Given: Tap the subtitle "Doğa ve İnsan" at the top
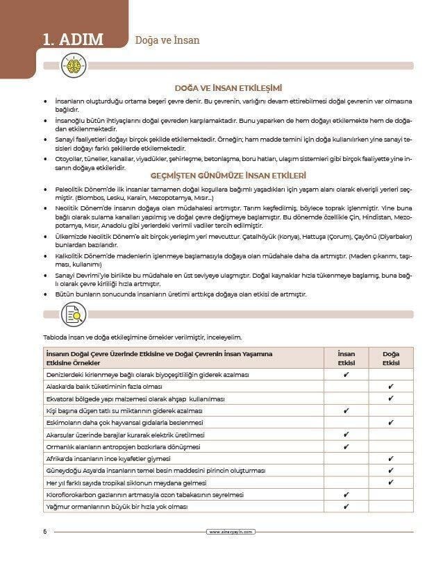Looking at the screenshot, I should [167, 40].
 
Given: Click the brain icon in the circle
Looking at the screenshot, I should [75, 67].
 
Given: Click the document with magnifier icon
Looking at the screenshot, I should [75, 315].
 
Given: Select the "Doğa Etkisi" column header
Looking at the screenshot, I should [390, 358].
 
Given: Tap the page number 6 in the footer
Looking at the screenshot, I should [45, 532].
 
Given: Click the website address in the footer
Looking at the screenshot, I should [232, 532].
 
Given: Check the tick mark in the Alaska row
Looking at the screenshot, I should [390, 387].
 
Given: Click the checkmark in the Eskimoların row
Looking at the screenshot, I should [390, 423].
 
